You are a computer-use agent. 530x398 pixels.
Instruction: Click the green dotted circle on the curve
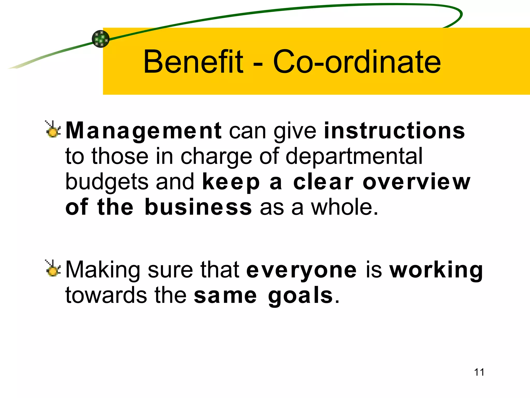tap(101, 39)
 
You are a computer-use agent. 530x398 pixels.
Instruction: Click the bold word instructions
tap(394, 131)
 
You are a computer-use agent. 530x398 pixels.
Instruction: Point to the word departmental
tap(354, 156)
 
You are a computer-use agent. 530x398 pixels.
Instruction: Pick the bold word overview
tap(416, 182)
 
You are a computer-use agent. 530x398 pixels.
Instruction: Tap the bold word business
tap(198, 207)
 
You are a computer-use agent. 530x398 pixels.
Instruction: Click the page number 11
tap(479, 372)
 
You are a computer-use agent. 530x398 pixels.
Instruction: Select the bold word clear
tap(323, 182)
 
